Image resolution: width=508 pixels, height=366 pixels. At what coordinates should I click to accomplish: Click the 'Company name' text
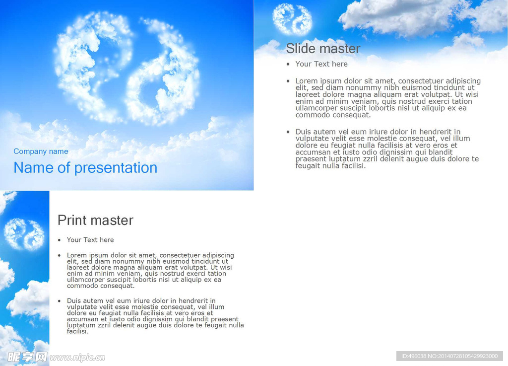41,151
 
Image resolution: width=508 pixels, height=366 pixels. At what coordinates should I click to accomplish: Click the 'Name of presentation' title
85,168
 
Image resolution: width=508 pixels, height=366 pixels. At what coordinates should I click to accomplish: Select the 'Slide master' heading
323,49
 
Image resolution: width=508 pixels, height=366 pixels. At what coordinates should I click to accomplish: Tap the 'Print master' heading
95,220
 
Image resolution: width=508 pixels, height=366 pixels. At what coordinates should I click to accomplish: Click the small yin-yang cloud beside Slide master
292,19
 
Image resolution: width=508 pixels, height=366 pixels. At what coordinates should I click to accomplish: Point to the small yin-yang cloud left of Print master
24,234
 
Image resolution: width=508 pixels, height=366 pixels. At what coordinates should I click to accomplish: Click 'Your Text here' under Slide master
321,64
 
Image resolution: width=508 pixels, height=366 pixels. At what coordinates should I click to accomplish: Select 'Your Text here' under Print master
90,240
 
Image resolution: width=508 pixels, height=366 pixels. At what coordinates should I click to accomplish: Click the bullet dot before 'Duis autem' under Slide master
288,132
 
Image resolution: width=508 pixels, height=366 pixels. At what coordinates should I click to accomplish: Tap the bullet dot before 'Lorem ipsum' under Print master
60,255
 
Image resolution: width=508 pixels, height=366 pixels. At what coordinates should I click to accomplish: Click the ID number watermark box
449,356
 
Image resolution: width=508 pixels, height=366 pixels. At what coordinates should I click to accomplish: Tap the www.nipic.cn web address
77,358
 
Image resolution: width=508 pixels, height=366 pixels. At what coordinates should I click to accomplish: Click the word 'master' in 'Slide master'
340,49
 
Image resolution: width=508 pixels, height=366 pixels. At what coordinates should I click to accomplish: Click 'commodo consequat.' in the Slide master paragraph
333,115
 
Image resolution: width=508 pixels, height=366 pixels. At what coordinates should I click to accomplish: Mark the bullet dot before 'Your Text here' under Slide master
288,64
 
